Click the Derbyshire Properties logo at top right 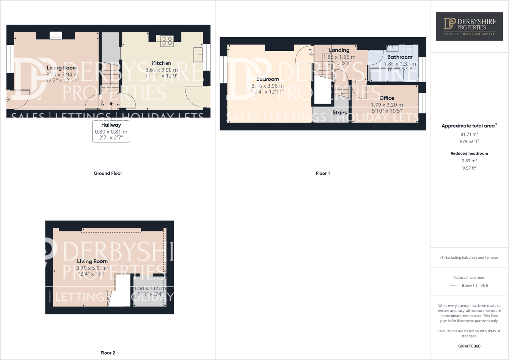tap(469, 26)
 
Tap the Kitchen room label tap(162, 63)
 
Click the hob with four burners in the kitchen tap(167, 41)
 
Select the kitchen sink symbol tap(198, 54)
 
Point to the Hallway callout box tap(111, 131)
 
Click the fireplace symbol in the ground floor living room tap(56, 36)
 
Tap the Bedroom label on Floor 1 tap(267, 79)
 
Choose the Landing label tap(339, 50)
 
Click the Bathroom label tap(400, 57)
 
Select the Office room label tap(387, 98)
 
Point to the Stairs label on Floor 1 tap(339, 113)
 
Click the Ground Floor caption tap(108, 173)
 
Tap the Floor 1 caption tap(323, 173)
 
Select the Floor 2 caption tap(108, 353)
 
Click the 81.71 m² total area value tap(469, 134)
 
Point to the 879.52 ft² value tap(469, 141)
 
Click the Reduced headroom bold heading tap(469, 153)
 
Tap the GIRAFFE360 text tap(469, 346)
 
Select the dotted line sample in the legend tap(454, 286)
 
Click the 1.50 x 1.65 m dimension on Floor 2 tap(149, 288)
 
